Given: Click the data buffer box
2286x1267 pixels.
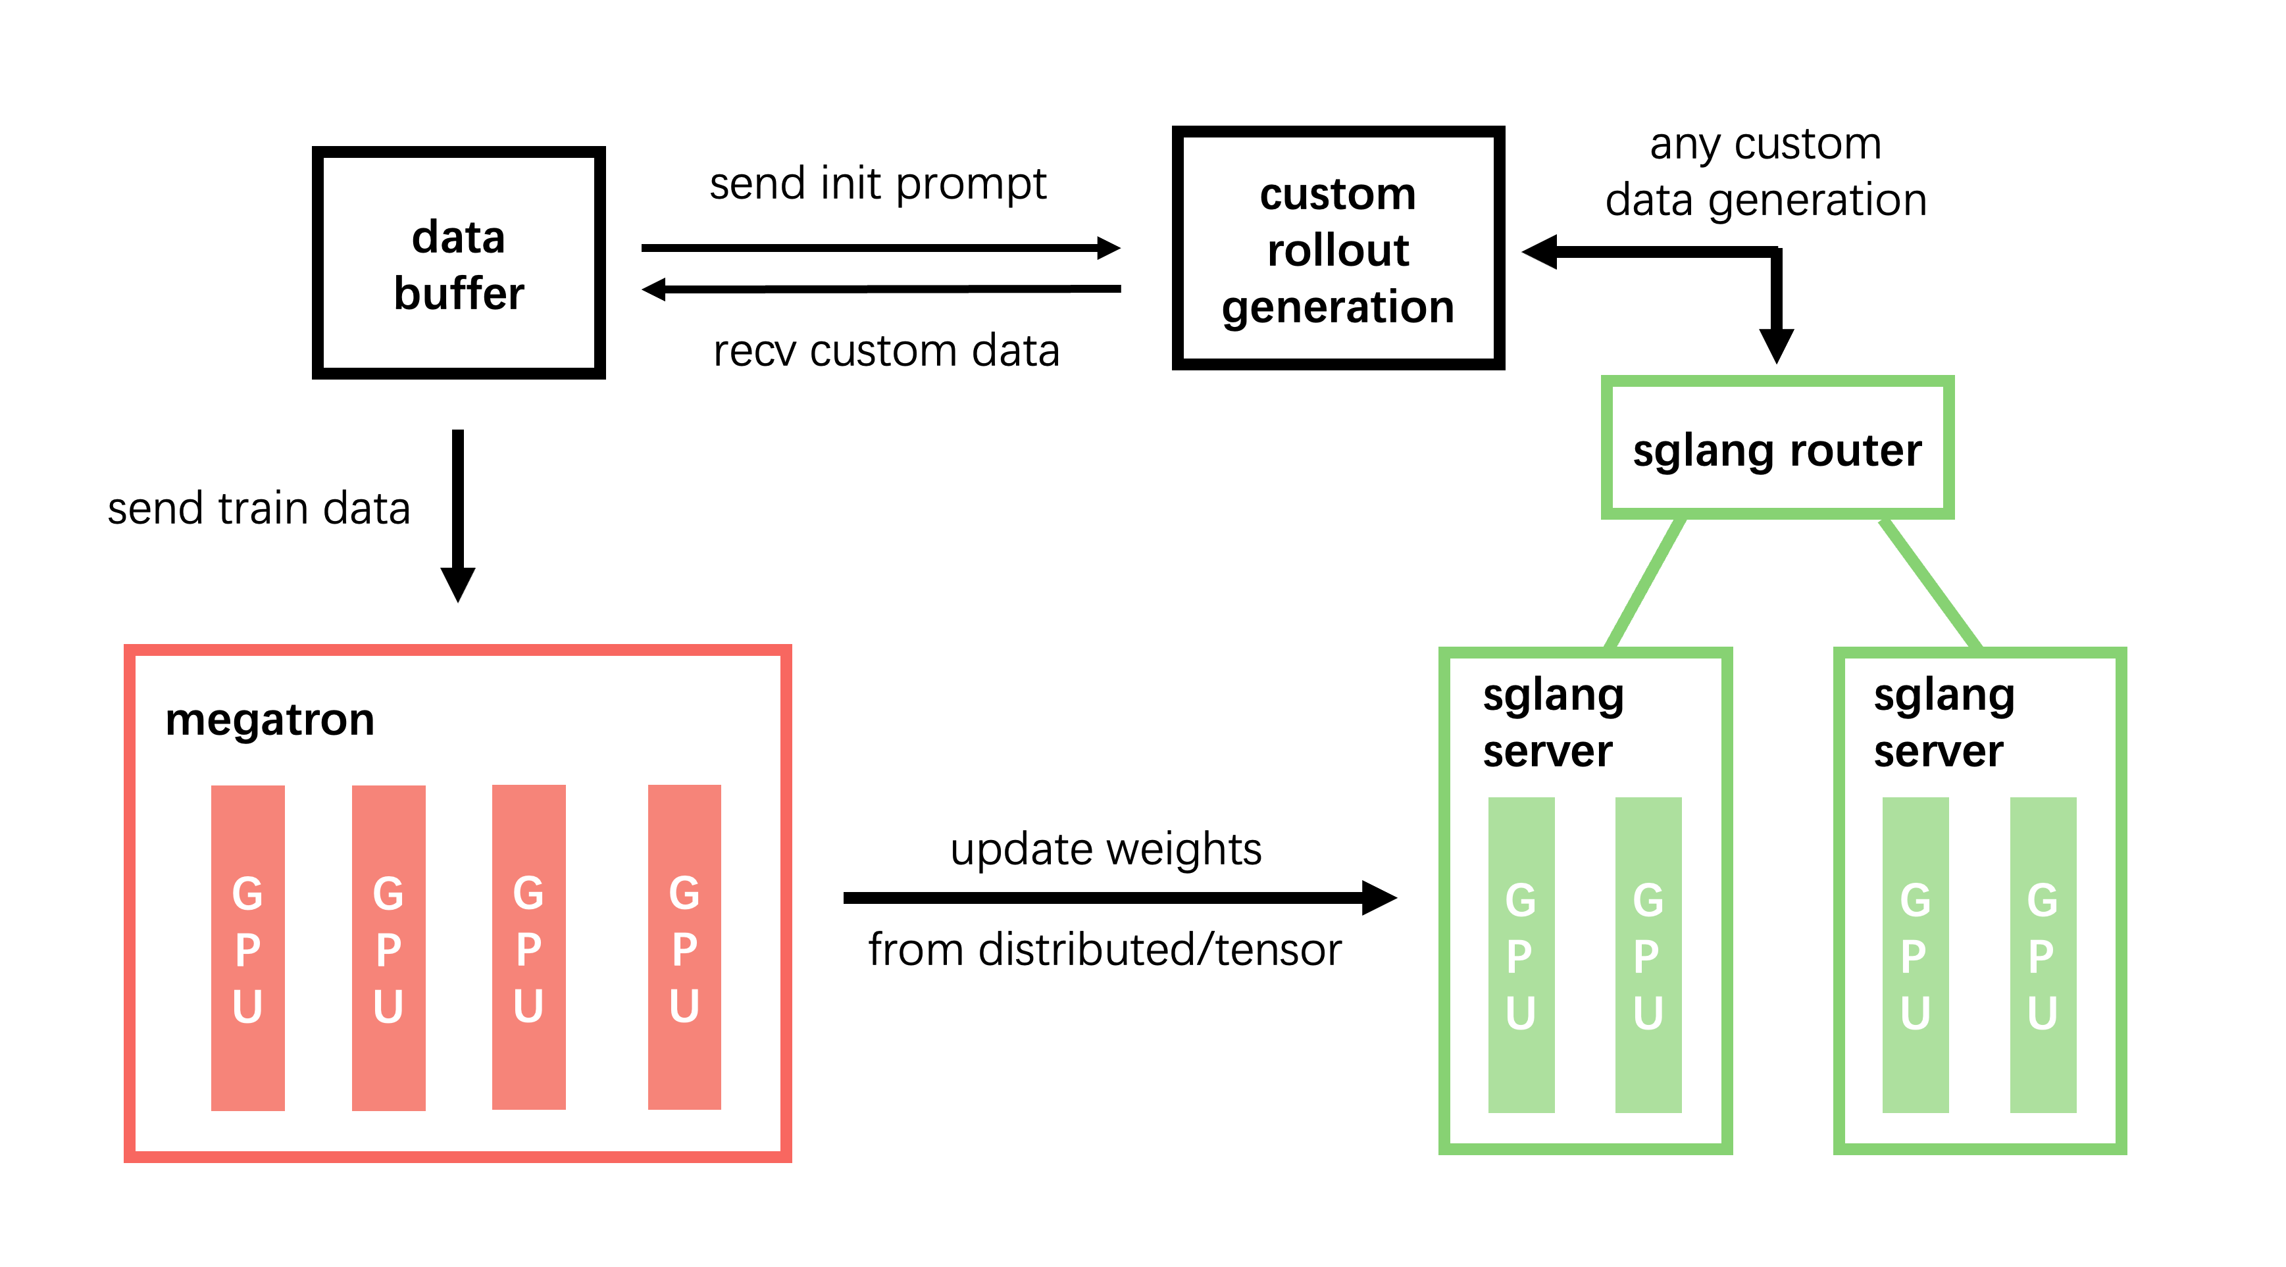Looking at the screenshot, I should point(458,264).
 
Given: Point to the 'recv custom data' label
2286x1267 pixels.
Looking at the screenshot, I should point(886,351).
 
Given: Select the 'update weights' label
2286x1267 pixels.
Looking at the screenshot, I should point(1105,849).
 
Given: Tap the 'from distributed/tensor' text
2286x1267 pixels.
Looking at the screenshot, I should point(1104,949).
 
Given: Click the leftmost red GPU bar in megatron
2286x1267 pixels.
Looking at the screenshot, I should point(247,947).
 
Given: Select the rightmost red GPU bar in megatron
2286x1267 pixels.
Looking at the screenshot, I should point(684,947).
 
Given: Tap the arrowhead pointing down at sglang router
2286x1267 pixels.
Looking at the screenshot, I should point(1777,344).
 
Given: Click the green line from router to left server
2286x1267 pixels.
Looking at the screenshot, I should point(1646,584).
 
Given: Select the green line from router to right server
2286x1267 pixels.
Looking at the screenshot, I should point(1929,584).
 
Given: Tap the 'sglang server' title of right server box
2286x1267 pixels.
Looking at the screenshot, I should point(1943,722).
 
